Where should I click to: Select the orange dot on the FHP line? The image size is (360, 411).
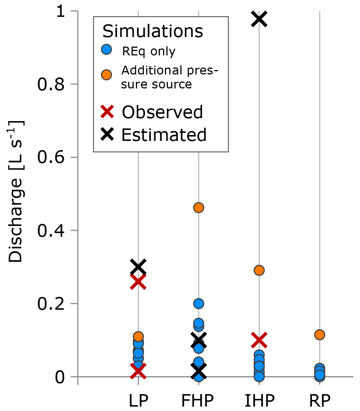click(199, 208)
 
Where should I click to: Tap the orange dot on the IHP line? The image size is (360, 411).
click(259, 270)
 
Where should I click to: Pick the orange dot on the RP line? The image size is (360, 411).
click(320, 335)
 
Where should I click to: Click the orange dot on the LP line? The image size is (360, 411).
click(138, 336)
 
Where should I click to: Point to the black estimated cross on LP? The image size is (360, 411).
click(138, 267)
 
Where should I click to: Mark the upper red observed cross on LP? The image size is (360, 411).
click(138, 282)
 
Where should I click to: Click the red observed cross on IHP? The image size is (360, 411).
click(259, 341)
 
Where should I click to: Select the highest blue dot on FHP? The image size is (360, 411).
click(199, 303)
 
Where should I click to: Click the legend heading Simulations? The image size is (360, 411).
click(152, 32)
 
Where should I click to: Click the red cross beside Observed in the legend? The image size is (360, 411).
click(107, 112)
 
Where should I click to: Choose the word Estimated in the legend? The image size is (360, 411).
click(164, 135)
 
